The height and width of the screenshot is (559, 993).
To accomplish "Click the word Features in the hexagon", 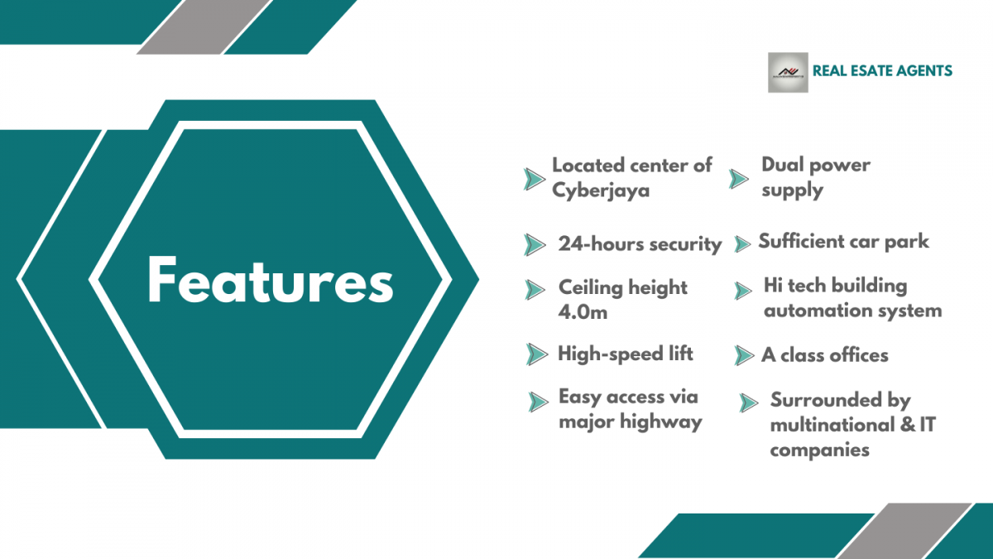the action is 271,281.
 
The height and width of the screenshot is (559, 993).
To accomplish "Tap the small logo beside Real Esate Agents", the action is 788,72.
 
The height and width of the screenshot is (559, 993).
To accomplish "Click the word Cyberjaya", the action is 601,191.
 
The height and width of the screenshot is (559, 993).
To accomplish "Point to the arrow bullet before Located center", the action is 535,179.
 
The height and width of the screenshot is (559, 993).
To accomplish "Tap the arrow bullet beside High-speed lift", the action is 537,354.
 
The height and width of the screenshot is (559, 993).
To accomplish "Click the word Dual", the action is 781,165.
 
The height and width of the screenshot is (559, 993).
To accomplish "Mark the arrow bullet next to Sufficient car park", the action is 742,244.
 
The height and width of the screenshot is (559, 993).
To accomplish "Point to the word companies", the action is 820,451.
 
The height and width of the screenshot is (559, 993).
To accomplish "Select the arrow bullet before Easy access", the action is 538,402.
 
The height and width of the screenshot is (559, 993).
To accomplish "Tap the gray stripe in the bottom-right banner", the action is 904,531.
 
